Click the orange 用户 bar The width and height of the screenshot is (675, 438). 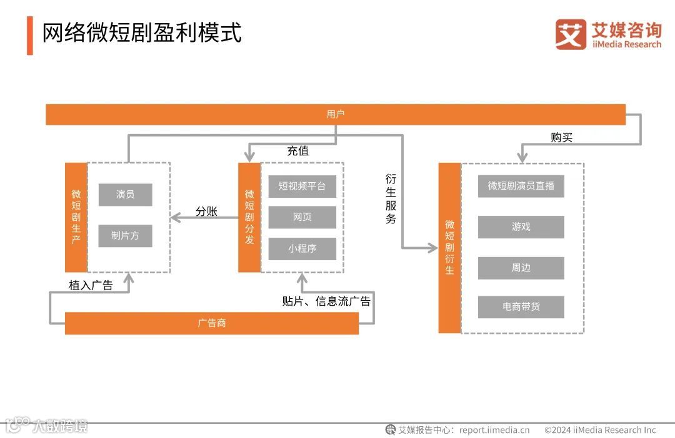[x=336, y=114]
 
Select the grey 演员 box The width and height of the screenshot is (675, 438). [x=125, y=195]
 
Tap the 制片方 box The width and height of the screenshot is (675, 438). [x=125, y=236]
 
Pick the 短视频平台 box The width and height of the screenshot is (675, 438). [x=302, y=186]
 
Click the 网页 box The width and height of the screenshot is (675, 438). [x=302, y=217]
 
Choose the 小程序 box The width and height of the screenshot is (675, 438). [x=302, y=248]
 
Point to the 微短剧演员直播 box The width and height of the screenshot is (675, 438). [x=521, y=186]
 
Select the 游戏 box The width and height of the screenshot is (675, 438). [x=521, y=227]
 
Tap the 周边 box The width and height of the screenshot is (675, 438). [x=521, y=268]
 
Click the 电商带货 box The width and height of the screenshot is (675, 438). [x=521, y=307]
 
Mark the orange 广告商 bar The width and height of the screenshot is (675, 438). [x=212, y=323]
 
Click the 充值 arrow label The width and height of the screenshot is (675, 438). [x=297, y=151]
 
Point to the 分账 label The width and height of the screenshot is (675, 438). [x=206, y=212]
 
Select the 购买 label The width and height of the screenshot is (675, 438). [x=561, y=137]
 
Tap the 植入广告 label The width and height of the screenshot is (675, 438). [x=91, y=285]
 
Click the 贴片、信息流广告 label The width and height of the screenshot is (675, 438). [x=326, y=301]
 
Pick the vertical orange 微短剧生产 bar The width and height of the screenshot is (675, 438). [x=76, y=217]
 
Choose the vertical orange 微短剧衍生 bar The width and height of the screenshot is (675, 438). [x=449, y=248]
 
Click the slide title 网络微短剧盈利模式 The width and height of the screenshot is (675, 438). [x=142, y=33]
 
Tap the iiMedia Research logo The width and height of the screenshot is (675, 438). [x=607, y=34]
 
